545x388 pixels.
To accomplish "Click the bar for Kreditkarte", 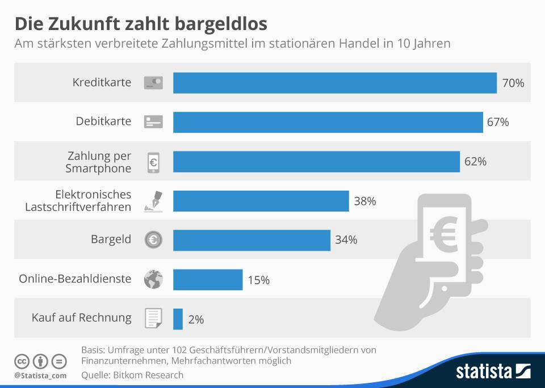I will (x=334, y=83).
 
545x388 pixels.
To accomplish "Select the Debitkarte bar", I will (x=328, y=122).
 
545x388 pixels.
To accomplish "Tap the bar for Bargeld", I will (x=251, y=240).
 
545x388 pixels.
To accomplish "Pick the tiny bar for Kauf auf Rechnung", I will (x=178, y=319).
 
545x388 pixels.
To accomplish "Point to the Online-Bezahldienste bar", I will (x=208, y=280).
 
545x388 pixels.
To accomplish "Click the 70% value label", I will (x=513, y=83).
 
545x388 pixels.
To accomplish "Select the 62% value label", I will (x=475, y=162).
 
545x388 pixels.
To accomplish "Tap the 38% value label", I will (x=364, y=201).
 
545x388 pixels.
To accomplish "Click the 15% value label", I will (x=258, y=280).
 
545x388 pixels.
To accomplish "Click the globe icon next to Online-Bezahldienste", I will (x=153, y=279).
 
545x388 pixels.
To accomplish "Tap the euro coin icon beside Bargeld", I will (x=153, y=240).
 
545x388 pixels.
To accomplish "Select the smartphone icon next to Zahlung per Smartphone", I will (x=153, y=162).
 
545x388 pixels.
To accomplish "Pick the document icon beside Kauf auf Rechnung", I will (x=153, y=318).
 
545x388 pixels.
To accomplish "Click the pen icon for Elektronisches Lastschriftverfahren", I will (x=153, y=201).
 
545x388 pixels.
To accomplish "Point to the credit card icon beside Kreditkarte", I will (x=153, y=83).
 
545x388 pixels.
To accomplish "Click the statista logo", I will (x=493, y=372).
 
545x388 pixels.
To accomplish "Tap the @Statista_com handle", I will (x=40, y=376).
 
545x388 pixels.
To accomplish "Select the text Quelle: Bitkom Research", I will (x=132, y=375).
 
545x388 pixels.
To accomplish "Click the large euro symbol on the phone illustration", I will (x=444, y=234).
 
